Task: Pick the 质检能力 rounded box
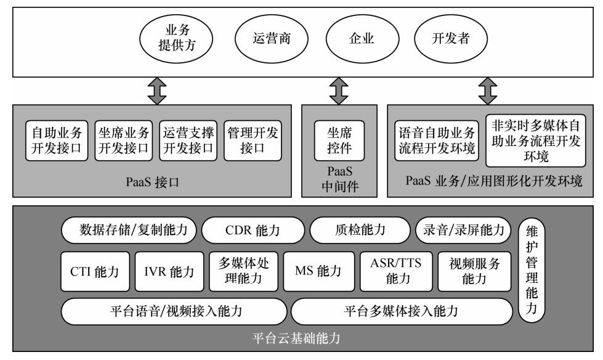(x=356, y=231)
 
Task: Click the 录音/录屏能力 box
(x=463, y=231)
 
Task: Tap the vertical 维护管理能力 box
(x=532, y=271)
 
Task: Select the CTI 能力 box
(x=95, y=271)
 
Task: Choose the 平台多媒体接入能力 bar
(x=401, y=311)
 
